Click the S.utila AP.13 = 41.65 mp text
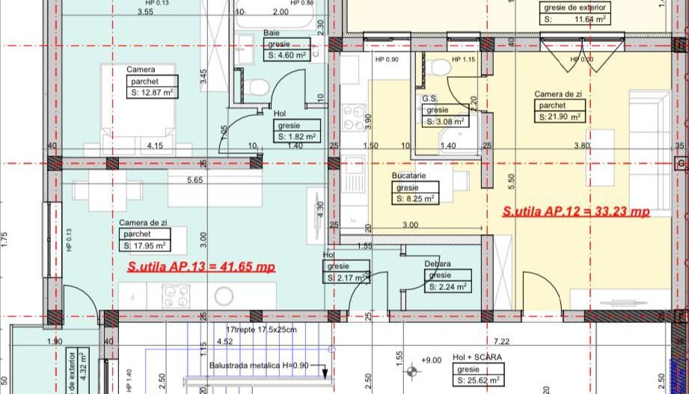(x=201, y=266)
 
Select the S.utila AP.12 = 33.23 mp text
(x=576, y=212)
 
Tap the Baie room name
(x=272, y=33)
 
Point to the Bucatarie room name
(x=408, y=176)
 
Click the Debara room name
(x=438, y=264)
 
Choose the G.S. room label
(x=429, y=98)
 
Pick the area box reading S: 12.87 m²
(x=152, y=93)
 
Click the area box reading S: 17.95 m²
(x=144, y=245)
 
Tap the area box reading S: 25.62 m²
(x=478, y=381)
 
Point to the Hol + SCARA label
(x=477, y=358)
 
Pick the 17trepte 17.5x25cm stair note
(x=261, y=329)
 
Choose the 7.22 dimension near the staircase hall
(x=502, y=341)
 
